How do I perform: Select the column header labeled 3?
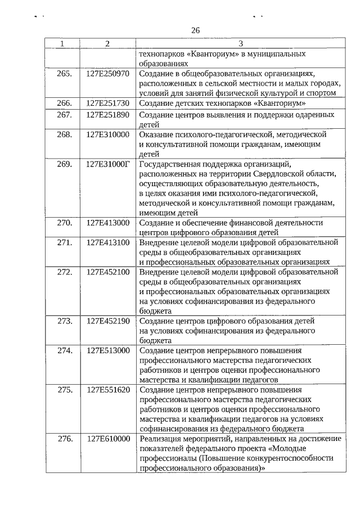(240, 44)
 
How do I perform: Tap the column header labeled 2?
(107, 44)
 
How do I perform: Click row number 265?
(65, 74)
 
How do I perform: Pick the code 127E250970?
(108, 74)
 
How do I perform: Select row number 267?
(65, 115)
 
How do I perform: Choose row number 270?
(65, 223)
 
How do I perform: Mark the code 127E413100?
(108, 242)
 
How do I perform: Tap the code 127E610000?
(108, 438)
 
